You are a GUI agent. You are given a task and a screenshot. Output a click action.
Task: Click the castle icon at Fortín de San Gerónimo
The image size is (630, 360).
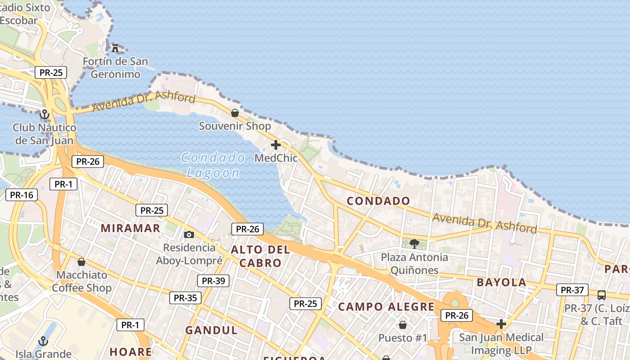coord(116,48)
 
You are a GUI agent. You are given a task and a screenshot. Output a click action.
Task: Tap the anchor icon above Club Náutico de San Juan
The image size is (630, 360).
coord(44,114)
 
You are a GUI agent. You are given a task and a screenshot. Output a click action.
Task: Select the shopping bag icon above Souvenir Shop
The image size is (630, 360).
coord(235,113)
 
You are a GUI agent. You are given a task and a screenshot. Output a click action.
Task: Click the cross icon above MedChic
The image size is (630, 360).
coord(276,145)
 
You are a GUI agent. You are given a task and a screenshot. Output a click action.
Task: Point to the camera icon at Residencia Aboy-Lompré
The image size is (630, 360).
coord(189,234)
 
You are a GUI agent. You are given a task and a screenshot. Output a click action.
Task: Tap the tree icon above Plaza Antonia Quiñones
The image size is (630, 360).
coord(414,244)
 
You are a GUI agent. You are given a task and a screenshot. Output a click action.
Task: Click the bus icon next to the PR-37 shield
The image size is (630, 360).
coord(601,295)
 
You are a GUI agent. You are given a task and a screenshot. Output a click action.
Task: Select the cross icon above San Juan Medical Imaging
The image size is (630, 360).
coord(501,324)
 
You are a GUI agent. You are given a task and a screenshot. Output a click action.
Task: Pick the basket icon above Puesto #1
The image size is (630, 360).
coord(403,325)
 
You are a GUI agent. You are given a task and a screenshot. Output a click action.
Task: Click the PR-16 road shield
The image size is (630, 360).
coord(22,195)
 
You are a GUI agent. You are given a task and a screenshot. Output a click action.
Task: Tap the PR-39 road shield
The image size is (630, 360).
coord(213,281)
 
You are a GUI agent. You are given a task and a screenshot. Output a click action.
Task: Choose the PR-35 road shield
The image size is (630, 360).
coord(185,297)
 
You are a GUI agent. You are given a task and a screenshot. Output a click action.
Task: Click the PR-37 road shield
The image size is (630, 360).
coord(572,290)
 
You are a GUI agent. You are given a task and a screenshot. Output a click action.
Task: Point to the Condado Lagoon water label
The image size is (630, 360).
coord(213,165)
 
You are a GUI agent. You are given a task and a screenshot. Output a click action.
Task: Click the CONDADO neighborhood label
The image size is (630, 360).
coord(378,201)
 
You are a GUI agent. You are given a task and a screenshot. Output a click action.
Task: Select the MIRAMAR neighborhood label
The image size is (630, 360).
coord(130,228)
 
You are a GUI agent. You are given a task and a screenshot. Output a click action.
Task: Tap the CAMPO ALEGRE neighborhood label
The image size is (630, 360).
coord(386,307)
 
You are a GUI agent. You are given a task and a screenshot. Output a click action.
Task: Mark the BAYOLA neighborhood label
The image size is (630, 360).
coord(501,283)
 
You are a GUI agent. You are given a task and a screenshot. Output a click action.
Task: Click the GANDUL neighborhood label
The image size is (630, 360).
coord(211,330)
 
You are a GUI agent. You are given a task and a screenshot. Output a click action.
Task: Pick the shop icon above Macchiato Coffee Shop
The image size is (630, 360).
coord(81,262)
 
